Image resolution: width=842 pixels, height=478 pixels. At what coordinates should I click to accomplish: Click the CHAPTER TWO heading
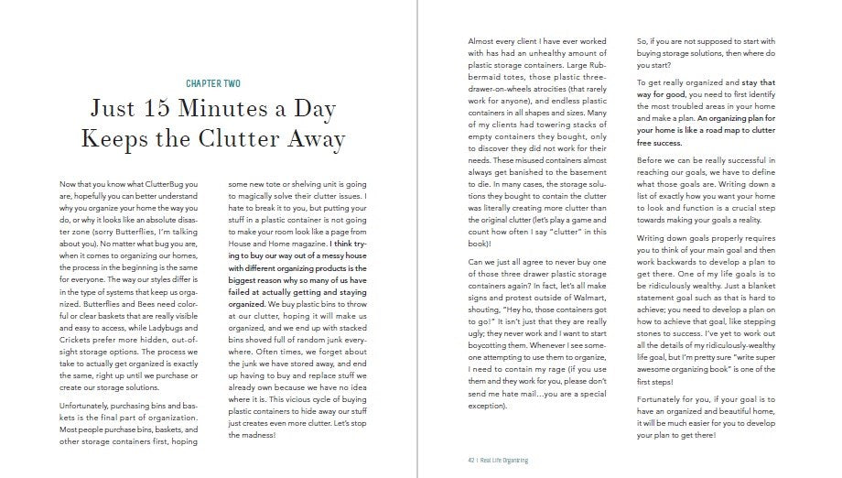click(x=213, y=83)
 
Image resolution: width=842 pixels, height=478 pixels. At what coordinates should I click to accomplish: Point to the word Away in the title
click(x=312, y=139)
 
